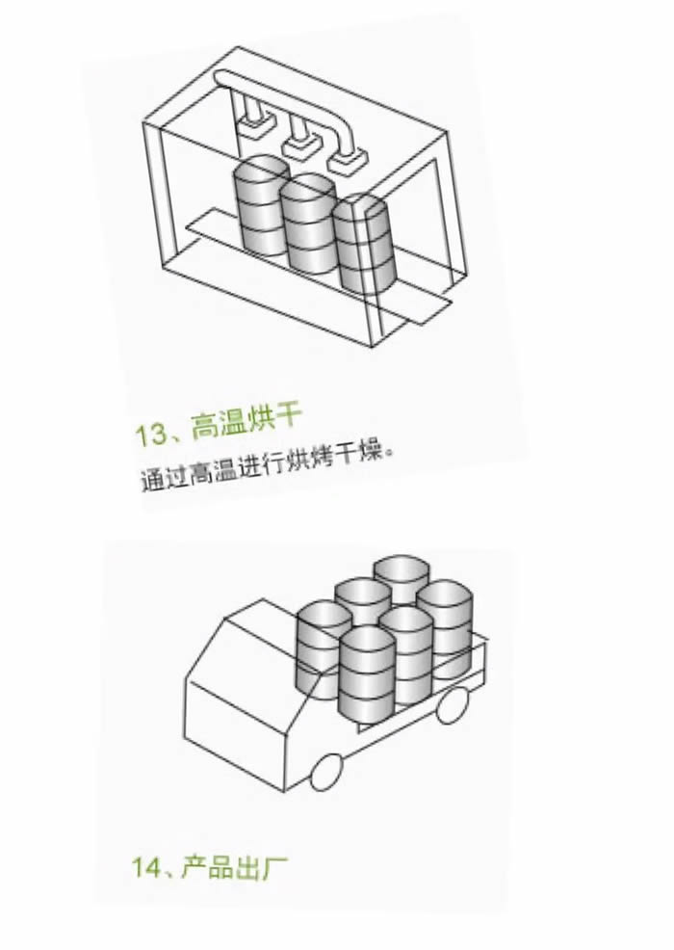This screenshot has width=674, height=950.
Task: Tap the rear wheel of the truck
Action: [x=452, y=704]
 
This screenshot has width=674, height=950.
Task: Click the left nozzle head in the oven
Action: [x=255, y=128]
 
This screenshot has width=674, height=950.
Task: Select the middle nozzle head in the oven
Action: [x=299, y=145]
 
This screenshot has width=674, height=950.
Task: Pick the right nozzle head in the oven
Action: [x=346, y=163]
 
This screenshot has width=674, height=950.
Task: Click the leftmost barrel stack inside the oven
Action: [x=260, y=205]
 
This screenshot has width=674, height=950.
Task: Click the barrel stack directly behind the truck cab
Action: [x=324, y=649]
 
